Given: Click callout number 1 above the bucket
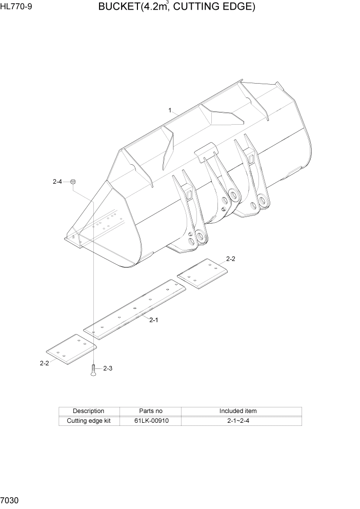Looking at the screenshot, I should point(170,110).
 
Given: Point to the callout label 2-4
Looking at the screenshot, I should point(57,181).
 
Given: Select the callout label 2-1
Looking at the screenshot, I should point(153,320).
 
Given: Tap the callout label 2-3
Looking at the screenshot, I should point(108,368).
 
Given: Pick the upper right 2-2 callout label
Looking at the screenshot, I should point(231,259).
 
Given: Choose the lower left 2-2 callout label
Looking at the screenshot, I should point(44,363).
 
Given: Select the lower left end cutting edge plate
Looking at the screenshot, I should point(71,350).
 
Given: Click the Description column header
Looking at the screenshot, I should point(89,411).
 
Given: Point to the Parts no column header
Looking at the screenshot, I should point(151,411).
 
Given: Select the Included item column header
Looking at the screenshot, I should point(238,411).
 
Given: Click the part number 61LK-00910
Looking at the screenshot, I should point(151,421).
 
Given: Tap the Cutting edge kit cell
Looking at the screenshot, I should point(89,421).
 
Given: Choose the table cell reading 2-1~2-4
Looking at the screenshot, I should point(238,421).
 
